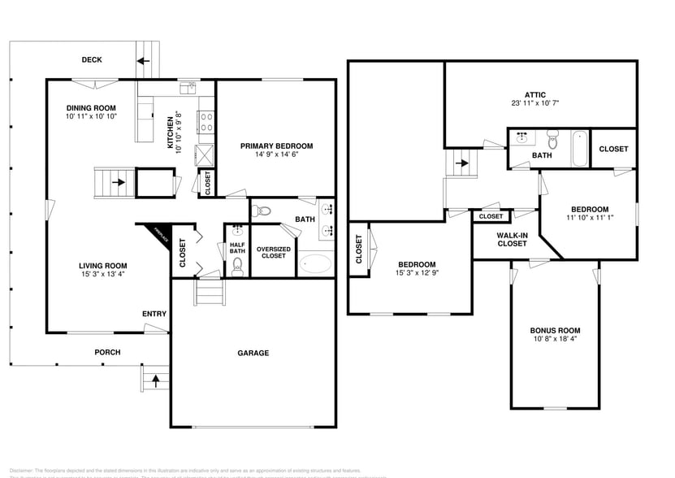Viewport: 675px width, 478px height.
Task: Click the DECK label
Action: coord(91,59)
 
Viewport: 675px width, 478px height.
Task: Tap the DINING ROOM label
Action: coord(91,107)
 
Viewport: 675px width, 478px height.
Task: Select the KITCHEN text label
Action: coord(170,133)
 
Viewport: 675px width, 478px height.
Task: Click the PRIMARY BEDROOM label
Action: coord(276,146)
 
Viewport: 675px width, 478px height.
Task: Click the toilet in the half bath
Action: coord(237,268)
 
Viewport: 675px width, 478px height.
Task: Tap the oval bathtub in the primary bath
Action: coord(315,264)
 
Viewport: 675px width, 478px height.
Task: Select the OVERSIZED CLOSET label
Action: coord(272,252)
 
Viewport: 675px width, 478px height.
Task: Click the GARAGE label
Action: coord(253,353)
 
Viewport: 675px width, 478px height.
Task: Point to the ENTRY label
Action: coord(154,314)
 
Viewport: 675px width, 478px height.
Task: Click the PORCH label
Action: coord(107,352)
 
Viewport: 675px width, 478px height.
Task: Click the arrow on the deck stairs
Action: coord(145,60)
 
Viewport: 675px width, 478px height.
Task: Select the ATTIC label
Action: coord(534,94)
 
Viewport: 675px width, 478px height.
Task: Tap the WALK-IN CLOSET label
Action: coord(512,238)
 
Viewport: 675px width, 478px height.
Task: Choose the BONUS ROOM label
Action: coord(555,330)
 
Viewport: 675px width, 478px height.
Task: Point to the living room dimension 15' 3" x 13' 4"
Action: coord(102,274)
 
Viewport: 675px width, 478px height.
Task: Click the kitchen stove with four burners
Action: coord(206,122)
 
